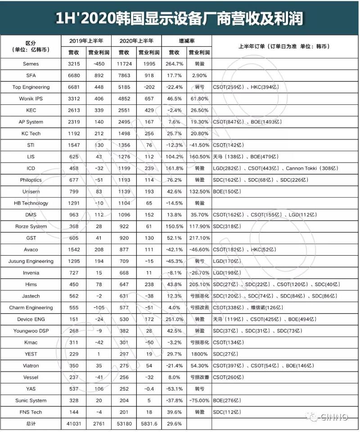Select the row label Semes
pyautogui.click(x=31, y=64)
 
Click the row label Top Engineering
pyautogui.click(x=31, y=87)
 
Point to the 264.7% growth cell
pyautogui.click(x=175, y=64)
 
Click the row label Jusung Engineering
pyautogui.click(x=31, y=261)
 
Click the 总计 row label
pyautogui.click(x=31, y=424)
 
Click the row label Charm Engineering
pyautogui.click(x=31, y=308)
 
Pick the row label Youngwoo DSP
pyautogui.click(x=31, y=331)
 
